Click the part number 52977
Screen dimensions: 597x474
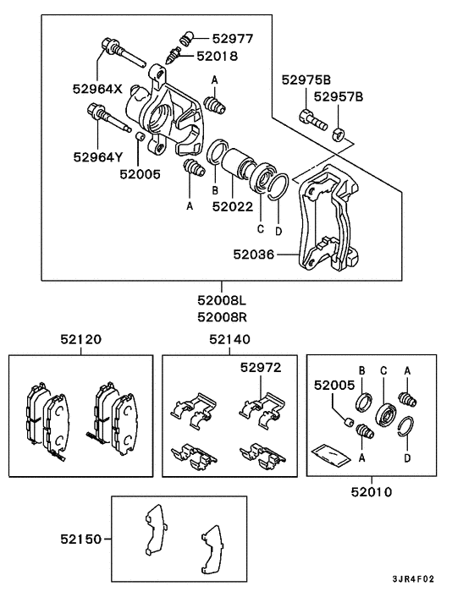(233, 38)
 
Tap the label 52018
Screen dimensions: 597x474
(218, 56)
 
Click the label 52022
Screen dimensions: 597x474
(233, 205)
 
